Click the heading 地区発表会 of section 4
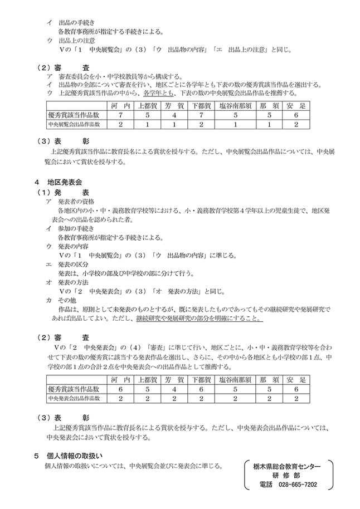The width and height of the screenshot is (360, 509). click(65, 182)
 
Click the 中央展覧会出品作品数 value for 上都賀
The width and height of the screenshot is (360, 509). click(148, 124)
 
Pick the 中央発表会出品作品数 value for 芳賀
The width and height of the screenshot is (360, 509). click(174, 398)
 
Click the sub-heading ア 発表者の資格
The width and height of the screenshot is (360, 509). click(72, 201)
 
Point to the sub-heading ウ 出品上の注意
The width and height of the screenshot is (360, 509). click(72, 41)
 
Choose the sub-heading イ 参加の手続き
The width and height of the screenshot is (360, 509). click(72, 229)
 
